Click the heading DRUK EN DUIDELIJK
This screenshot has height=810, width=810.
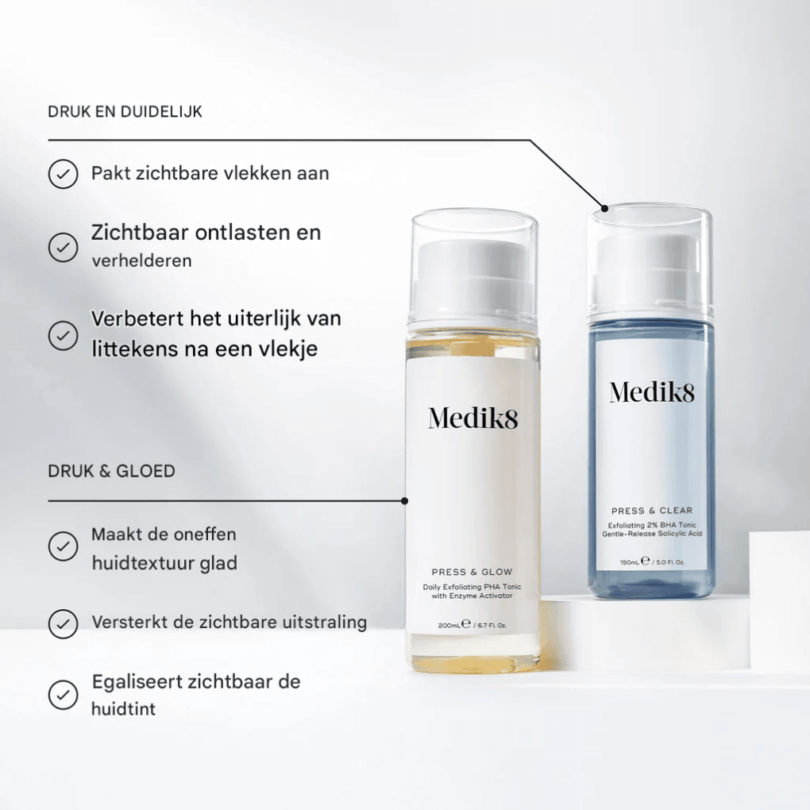coord(125,112)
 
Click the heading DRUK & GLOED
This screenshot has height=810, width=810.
coord(111,471)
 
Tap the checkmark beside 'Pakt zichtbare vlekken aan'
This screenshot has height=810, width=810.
coord(63,174)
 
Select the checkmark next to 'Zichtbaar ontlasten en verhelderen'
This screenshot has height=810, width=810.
coord(63,247)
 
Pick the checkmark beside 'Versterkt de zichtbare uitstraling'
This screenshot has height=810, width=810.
coord(63,623)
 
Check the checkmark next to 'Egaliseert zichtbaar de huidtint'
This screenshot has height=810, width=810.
coord(63,695)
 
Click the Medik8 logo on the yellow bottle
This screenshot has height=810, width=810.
coord(472,418)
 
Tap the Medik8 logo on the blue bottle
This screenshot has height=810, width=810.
coord(652,391)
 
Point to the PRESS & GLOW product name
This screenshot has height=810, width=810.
coord(472,572)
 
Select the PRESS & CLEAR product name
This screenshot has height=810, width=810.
coord(652,511)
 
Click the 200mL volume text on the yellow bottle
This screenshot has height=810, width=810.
coord(449,626)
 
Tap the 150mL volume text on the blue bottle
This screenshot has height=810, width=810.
coord(630,562)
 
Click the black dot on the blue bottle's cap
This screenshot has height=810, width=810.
coord(604,209)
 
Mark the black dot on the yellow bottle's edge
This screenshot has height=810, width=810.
coord(405,501)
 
